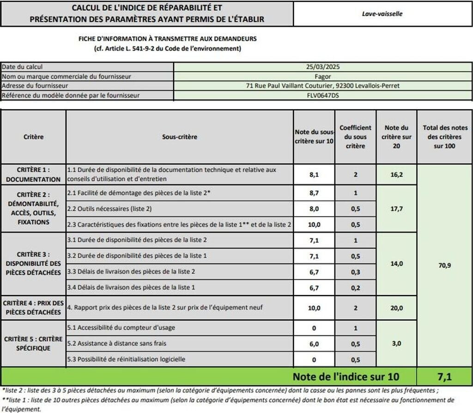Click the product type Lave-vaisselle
pyautogui.click(x=382, y=14)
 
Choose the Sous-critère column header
pyautogui.click(x=179, y=137)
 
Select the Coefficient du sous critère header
pyautogui.click(x=355, y=137)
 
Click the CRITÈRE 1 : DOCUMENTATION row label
pyautogui.click(x=33, y=175)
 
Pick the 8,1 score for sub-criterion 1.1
pyautogui.click(x=314, y=175)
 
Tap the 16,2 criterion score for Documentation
pyautogui.click(x=396, y=175)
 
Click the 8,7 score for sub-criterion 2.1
pyautogui.click(x=314, y=193)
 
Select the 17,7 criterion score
pyautogui.click(x=396, y=209)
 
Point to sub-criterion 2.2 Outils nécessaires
pyautogui.click(x=109, y=209)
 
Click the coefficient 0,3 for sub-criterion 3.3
pyautogui.click(x=355, y=271)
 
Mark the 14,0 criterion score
pyautogui.click(x=396, y=264)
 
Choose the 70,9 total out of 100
pyautogui.click(x=444, y=265)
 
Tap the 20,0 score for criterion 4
pyautogui.click(x=396, y=308)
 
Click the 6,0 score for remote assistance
pyautogui.click(x=314, y=344)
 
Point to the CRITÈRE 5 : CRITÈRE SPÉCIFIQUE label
pyautogui.click(x=33, y=344)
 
